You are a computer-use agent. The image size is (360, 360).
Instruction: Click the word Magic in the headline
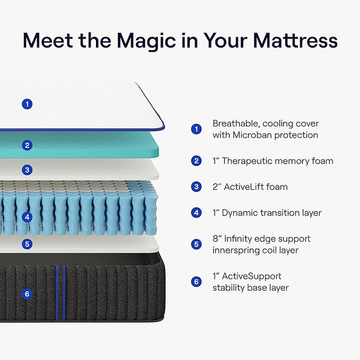[147, 41]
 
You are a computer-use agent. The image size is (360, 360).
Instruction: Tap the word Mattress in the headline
[295, 40]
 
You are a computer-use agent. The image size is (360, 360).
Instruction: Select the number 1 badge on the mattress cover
[27, 104]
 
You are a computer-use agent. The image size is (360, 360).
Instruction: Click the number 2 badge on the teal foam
[27, 145]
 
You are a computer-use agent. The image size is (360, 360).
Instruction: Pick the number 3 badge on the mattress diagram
[27, 170]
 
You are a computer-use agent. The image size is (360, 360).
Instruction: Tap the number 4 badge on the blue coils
[27, 217]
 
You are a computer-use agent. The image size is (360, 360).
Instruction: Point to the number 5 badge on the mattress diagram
[27, 244]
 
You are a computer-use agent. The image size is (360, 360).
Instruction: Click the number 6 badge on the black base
[27, 294]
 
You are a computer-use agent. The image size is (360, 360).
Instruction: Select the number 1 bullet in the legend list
[196, 129]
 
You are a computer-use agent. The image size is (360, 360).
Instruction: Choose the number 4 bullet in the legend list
[196, 213]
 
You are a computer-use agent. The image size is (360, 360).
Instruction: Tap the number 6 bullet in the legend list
[196, 282]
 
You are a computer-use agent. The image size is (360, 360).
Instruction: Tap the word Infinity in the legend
[237, 239]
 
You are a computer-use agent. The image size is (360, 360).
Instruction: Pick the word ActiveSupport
[251, 276]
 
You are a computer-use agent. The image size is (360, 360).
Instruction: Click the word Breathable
[236, 123]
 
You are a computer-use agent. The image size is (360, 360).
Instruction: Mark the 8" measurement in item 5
[217, 239]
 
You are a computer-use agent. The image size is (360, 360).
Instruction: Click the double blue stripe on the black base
[60, 292]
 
